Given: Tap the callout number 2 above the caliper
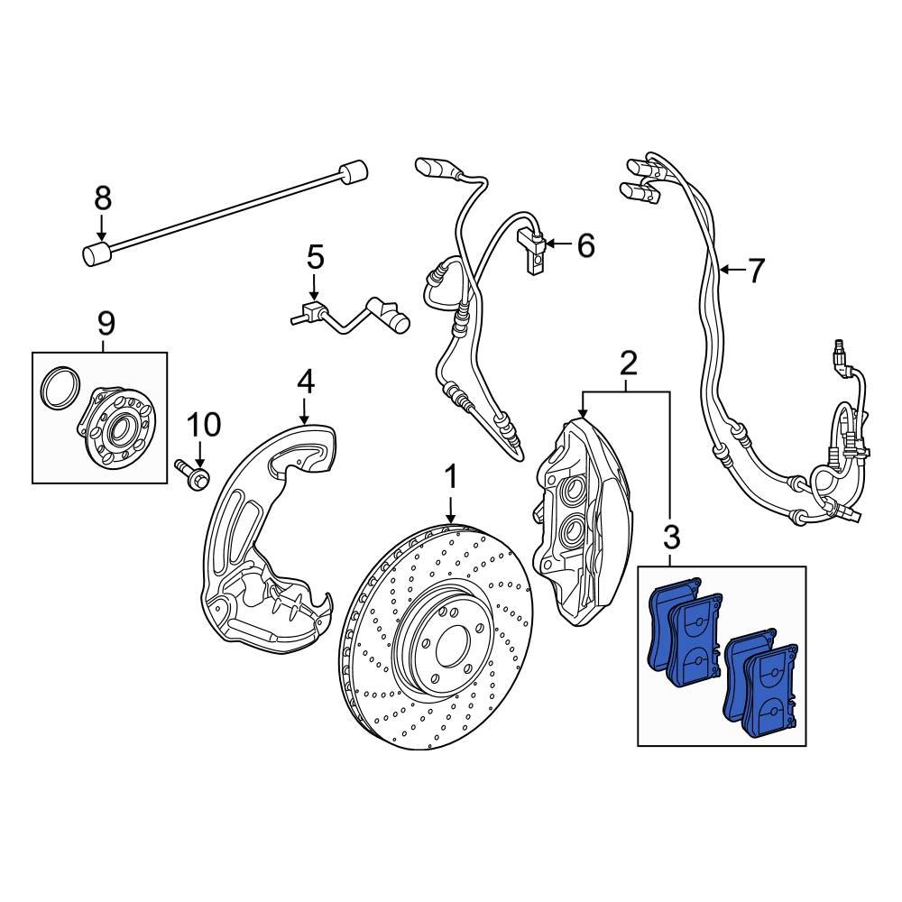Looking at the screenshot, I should [628, 364].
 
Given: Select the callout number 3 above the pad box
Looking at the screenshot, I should [671, 538].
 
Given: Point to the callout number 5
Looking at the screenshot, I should [314, 258].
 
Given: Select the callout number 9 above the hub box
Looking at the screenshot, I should [106, 321].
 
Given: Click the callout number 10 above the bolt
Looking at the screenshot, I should [203, 423].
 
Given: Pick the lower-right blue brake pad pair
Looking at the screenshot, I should [762, 686].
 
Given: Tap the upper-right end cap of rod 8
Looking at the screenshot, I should [354, 170].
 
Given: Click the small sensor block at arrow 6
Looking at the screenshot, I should [534, 250].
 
